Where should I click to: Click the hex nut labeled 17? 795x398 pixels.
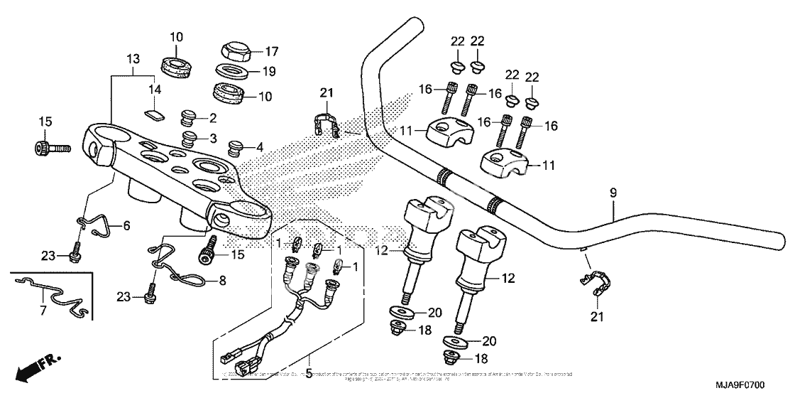233,50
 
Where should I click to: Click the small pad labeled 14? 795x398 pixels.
152,112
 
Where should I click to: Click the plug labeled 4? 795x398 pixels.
235,148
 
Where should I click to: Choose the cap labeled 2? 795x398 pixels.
189,115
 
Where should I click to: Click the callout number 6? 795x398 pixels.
127,226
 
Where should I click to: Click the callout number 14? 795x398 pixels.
155,90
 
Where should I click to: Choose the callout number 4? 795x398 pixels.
259,148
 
